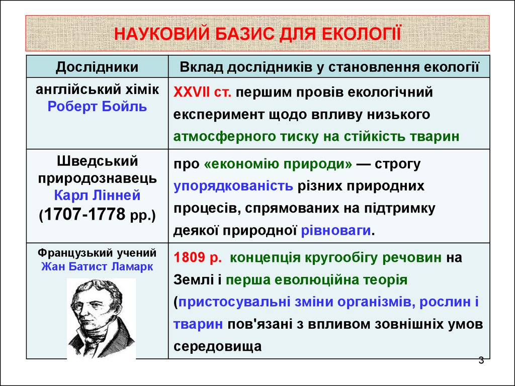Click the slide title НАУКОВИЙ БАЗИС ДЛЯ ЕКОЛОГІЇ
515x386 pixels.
[257, 34]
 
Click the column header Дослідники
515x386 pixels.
[97, 67]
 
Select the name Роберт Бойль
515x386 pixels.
[97, 107]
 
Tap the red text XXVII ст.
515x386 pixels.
[202, 92]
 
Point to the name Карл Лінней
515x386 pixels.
[97, 196]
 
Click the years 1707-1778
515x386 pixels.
[84, 214]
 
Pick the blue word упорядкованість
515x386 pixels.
[233, 186]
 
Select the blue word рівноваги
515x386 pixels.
[336, 230]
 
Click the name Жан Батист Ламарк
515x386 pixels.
[97, 266]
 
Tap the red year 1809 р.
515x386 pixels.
[198, 258]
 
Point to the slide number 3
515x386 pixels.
[481, 360]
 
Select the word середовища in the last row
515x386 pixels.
[217, 346]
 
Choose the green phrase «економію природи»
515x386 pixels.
[278, 163]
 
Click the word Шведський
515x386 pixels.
[97, 161]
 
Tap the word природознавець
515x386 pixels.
[97, 178]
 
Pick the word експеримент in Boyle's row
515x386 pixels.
[219, 115]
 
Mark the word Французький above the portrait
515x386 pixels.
[70, 253]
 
